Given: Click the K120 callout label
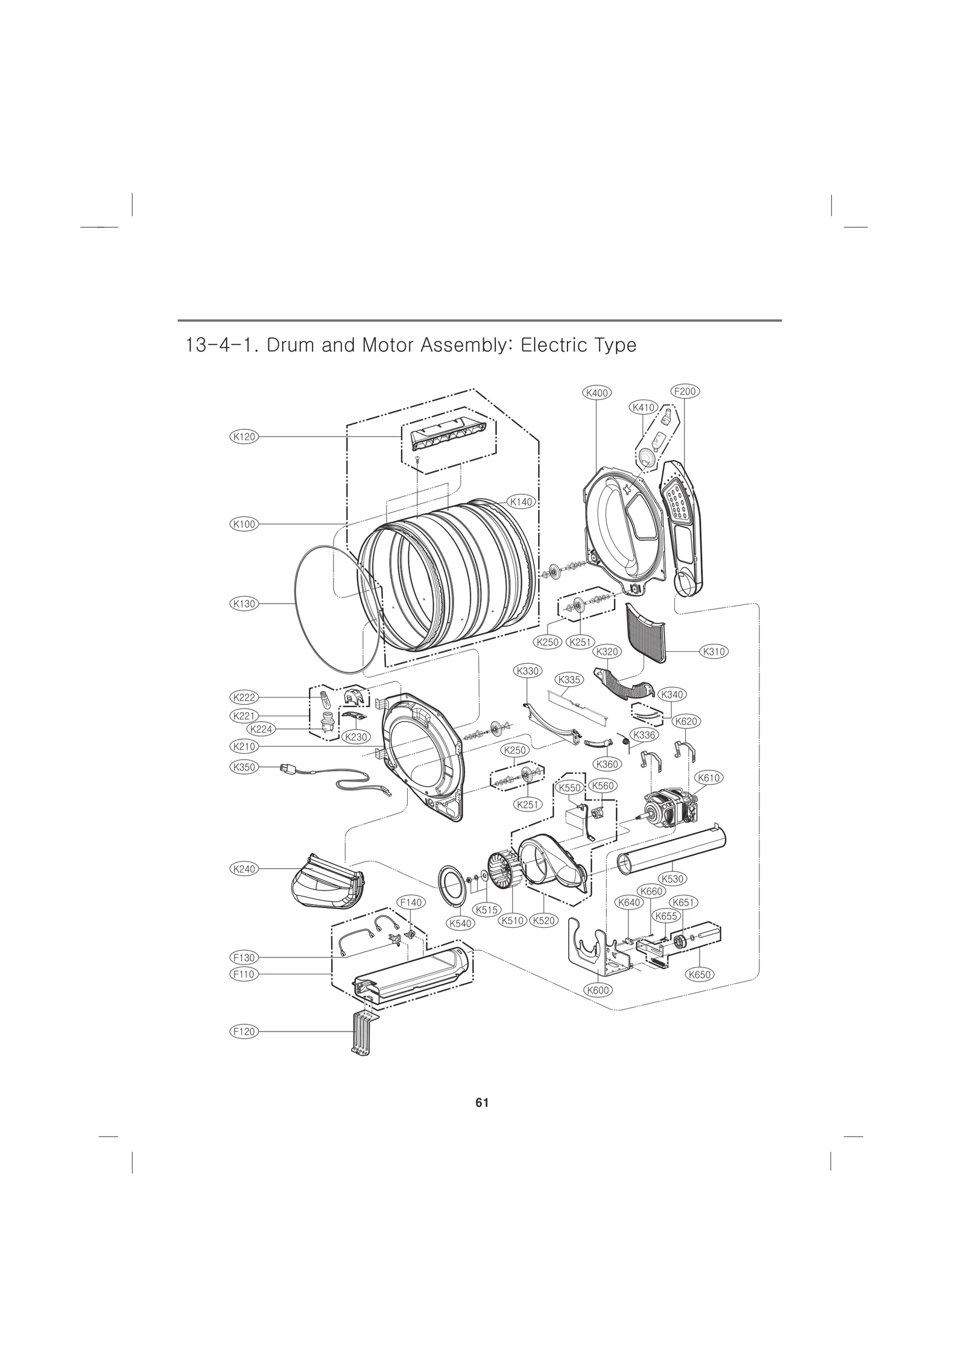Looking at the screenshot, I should [244, 437].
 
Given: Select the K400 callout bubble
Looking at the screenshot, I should [596, 392].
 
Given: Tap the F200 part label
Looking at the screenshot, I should [685, 391].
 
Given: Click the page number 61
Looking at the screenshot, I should [481, 1103].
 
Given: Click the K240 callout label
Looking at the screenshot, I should [244, 869].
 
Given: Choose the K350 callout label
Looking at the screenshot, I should [244, 768].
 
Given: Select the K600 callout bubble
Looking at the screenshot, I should [598, 990].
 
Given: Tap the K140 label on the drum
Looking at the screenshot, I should [522, 501].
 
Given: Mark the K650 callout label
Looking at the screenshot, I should [700, 974].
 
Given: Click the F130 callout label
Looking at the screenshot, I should [244, 957].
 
